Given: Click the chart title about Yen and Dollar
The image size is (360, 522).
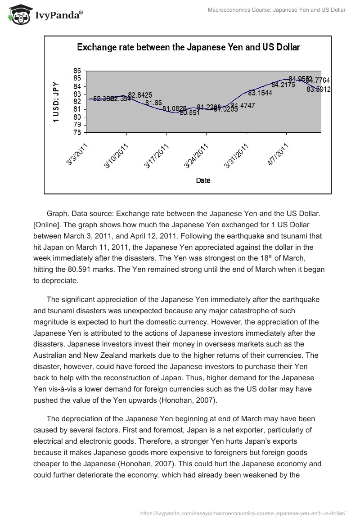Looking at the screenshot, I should [x=188, y=47].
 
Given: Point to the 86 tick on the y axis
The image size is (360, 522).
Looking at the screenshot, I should [x=76, y=71].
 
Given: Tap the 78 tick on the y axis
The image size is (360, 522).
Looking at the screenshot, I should [x=76, y=133].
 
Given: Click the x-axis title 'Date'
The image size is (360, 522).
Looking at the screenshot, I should [x=203, y=180].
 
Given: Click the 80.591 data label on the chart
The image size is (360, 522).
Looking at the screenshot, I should [x=189, y=113].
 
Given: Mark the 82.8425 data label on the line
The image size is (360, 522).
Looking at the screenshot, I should [x=140, y=95].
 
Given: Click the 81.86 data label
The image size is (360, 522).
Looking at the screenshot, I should [x=153, y=103].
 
